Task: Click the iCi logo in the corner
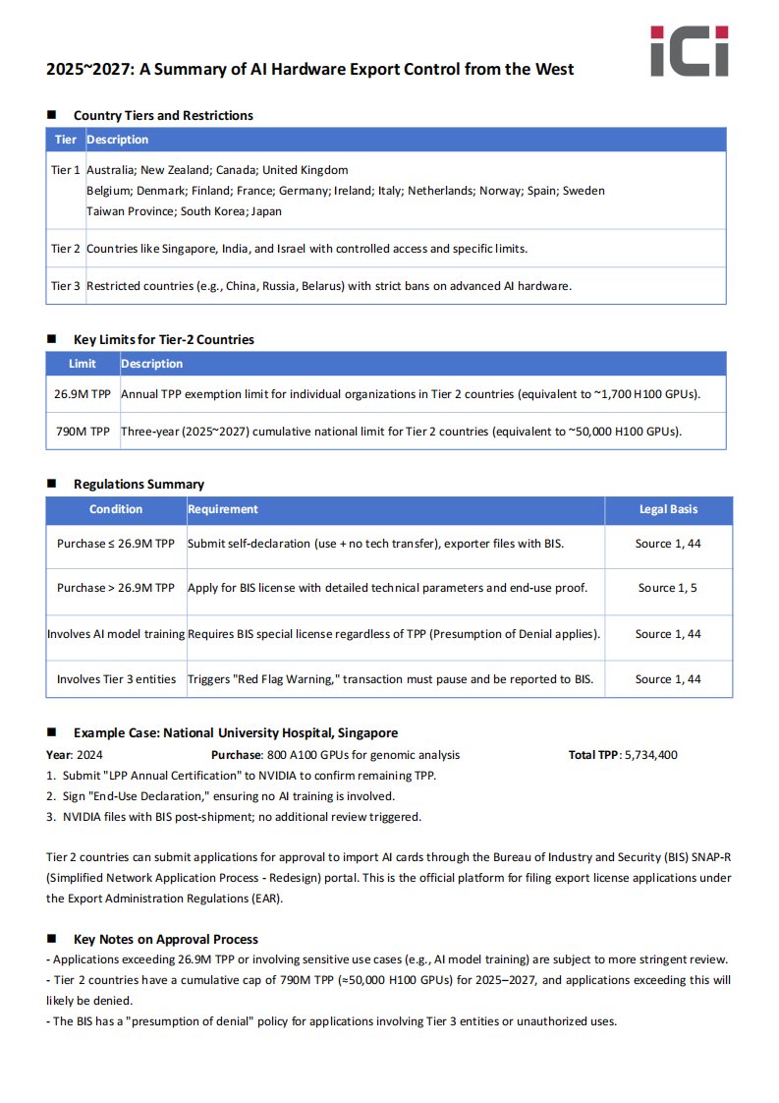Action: click(x=690, y=51)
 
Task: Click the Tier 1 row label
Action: click(x=66, y=170)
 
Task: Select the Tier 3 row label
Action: click(x=66, y=286)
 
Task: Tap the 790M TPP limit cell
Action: click(x=83, y=432)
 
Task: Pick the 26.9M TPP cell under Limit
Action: click(x=83, y=394)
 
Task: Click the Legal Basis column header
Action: click(x=669, y=509)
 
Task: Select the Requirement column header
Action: click(x=223, y=509)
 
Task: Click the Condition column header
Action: click(x=116, y=509)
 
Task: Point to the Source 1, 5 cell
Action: click(x=668, y=588)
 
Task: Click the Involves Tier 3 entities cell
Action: click(x=116, y=679)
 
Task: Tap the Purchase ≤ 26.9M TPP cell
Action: click(x=116, y=543)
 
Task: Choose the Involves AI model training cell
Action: click(x=116, y=634)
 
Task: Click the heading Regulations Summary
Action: click(x=139, y=484)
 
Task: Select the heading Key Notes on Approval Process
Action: click(x=165, y=939)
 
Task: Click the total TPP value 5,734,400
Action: click(x=650, y=755)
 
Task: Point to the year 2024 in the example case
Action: click(x=89, y=755)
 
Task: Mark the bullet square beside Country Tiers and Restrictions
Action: click(x=52, y=115)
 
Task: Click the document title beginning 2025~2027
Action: click(x=309, y=69)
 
